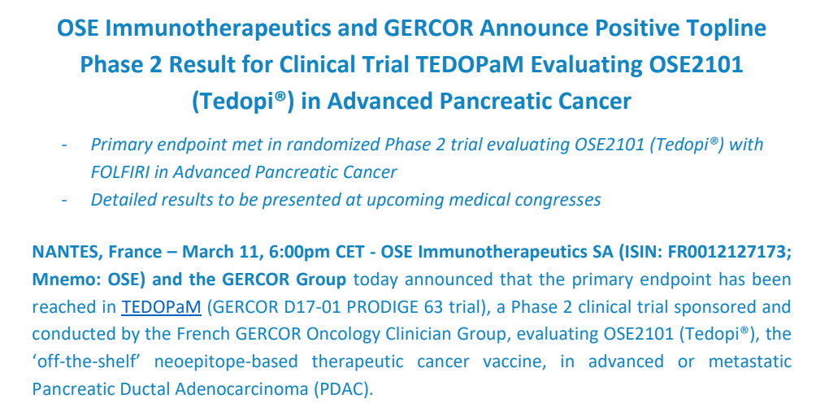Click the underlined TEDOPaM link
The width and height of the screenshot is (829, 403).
pyautogui.click(x=161, y=307)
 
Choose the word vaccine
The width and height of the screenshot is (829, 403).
pyautogui.click(x=533, y=362)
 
